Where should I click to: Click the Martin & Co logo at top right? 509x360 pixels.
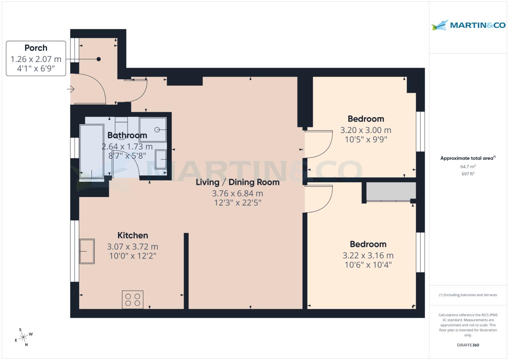click(468, 25)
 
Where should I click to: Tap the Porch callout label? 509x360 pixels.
click(36, 58)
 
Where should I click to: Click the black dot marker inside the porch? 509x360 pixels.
click(99, 59)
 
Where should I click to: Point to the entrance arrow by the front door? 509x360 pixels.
click(71, 89)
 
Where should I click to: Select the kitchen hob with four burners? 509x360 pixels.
click(133, 299)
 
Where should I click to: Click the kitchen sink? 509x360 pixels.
click(87, 251)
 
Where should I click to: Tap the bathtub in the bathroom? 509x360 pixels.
click(92, 152)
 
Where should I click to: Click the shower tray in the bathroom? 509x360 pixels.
click(153, 130)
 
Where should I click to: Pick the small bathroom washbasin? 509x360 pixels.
click(161, 159)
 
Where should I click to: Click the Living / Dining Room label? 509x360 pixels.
click(237, 182)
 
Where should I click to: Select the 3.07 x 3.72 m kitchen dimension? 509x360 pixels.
click(132, 247)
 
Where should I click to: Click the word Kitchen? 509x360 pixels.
click(132, 235)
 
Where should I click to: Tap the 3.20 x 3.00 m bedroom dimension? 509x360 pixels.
click(366, 130)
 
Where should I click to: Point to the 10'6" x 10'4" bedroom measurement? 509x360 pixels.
click(368, 265)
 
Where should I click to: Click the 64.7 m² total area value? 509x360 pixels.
click(468, 166)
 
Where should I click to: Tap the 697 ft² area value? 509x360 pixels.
click(468, 174)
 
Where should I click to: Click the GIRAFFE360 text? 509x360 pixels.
click(468, 345)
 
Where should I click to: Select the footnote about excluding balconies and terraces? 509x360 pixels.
click(468, 295)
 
